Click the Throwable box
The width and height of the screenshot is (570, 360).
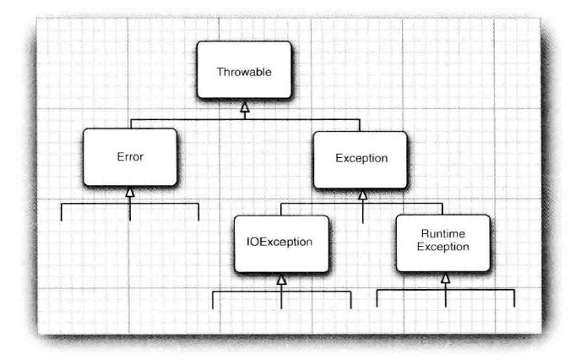[x=244, y=73]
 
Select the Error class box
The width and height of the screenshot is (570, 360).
[x=129, y=157]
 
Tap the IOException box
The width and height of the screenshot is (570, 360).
[x=280, y=243]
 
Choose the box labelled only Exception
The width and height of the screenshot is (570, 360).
[x=361, y=158]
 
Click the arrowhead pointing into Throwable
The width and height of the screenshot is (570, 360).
[x=244, y=106]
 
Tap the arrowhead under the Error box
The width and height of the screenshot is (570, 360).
[x=129, y=193]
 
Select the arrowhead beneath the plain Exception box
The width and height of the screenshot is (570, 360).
[x=361, y=194]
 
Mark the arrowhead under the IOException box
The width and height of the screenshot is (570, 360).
[x=281, y=279]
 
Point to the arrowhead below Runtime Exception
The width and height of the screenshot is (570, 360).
[x=445, y=278]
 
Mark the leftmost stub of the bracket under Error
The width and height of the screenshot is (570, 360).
[x=61, y=211]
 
